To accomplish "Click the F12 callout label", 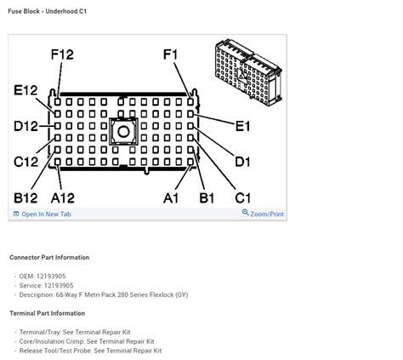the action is pyautogui.click(x=62, y=54).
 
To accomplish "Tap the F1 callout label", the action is pyautogui.click(x=171, y=54).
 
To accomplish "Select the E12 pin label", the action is pyautogui.click(x=26, y=90).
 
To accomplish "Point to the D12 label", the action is pyautogui.click(x=26, y=126).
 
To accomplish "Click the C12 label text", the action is pyautogui.click(x=26, y=162).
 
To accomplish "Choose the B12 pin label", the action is pyautogui.click(x=26, y=198).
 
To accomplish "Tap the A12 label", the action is pyautogui.click(x=63, y=198).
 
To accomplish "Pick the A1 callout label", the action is pyautogui.click(x=171, y=198).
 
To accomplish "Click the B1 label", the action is pyautogui.click(x=207, y=198).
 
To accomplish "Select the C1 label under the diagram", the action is pyautogui.click(x=243, y=198).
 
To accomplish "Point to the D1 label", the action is pyautogui.click(x=243, y=162).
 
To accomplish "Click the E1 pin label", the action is pyautogui.click(x=243, y=126).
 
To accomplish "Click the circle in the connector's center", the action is pyautogui.click(x=123, y=132).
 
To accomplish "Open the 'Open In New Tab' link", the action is pyautogui.click(x=43, y=214).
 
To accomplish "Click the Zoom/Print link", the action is pyautogui.click(x=263, y=214).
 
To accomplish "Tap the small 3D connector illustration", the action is pyautogui.click(x=248, y=72).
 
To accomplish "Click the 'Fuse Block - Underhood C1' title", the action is pyautogui.click(x=48, y=11).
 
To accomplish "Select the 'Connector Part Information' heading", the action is pyautogui.click(x=49, y=257).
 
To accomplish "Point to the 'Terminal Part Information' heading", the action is pyautogui.click(x=48, y=313).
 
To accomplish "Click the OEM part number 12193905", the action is pyautogui.click(x=51, y=276).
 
